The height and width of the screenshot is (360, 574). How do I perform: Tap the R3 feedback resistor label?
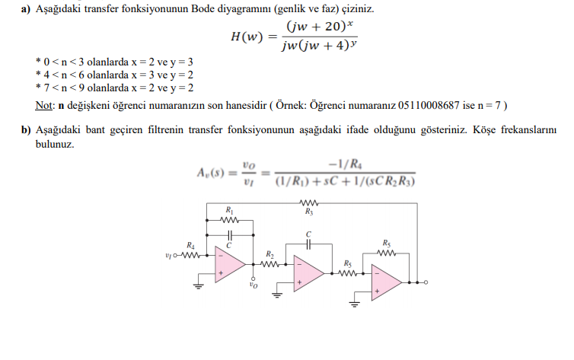[309, 214]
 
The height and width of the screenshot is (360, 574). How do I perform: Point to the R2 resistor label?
[269, 253]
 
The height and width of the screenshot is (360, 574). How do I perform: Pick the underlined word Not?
[43, 104]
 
